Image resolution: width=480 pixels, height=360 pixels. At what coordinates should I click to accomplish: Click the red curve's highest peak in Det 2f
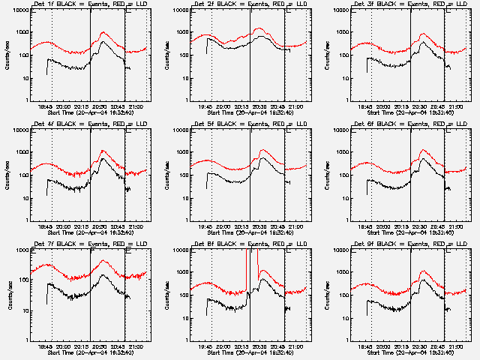(259, 29)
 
